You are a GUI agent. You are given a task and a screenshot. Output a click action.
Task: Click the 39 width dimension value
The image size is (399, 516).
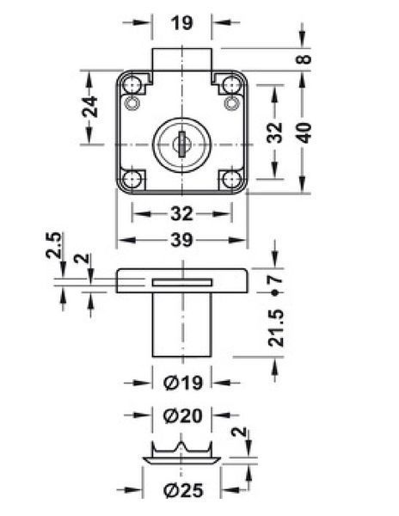click(181, 240)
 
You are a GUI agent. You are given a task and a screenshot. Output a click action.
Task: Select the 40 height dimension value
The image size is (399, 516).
click(304, 132)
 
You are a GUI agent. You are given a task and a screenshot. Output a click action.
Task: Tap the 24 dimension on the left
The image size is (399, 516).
click(89, 107)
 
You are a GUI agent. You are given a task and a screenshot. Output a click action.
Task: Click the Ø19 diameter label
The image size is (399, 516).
click(183, 383)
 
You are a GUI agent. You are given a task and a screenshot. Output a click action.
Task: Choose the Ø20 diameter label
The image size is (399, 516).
click(183, 415)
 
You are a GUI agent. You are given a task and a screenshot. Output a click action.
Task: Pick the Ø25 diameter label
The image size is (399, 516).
click(183, 491)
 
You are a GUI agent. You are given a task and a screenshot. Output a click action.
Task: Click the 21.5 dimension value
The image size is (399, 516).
click(276, 329)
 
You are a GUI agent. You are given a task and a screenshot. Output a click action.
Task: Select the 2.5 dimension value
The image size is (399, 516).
click(53, 245)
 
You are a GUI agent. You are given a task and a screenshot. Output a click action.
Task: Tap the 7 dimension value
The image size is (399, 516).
click(276, 279)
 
